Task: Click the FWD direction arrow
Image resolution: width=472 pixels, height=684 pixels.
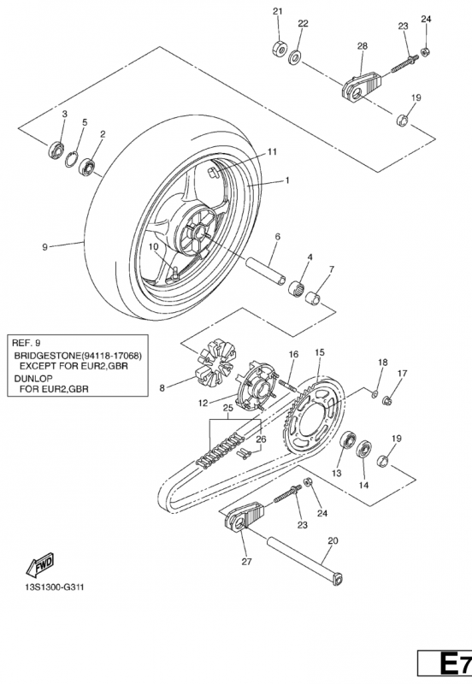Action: coord(39,564)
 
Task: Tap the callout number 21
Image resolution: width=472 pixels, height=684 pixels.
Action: coord(278,11)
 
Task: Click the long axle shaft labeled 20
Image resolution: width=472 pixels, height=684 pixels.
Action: coord(305,560)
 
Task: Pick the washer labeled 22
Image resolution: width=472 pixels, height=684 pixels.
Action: coord(296,56)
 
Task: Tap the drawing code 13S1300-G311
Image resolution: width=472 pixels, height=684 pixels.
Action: coord(54,587)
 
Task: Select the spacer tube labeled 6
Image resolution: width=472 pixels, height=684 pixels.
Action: coord(266,271)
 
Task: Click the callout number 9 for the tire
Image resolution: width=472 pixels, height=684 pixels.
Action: coord(44,247)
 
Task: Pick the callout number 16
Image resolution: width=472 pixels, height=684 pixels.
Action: coord(293,354)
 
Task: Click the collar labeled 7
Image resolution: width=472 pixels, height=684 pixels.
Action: coord(316,300)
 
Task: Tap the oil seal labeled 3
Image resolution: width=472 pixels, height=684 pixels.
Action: coord(56,149)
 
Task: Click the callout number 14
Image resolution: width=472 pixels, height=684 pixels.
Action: coord(363,485)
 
